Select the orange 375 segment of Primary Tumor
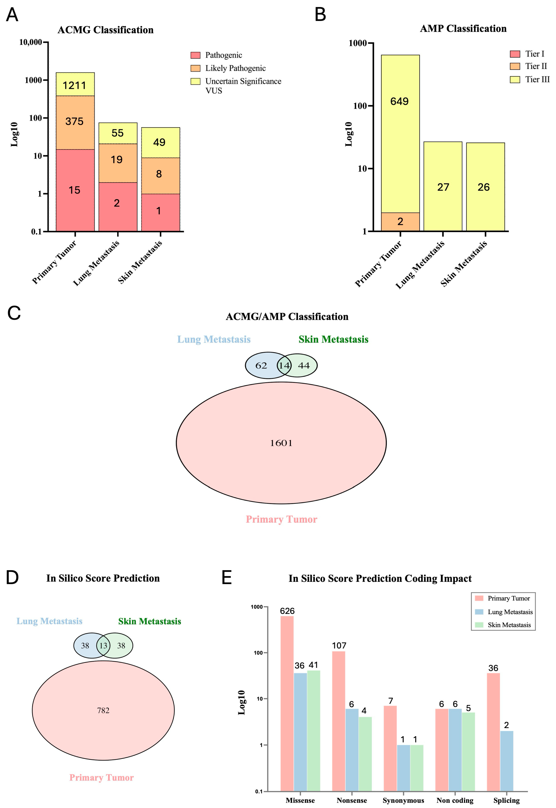75,122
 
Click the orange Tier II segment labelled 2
400,222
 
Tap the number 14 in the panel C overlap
284,365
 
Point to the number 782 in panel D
103,710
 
